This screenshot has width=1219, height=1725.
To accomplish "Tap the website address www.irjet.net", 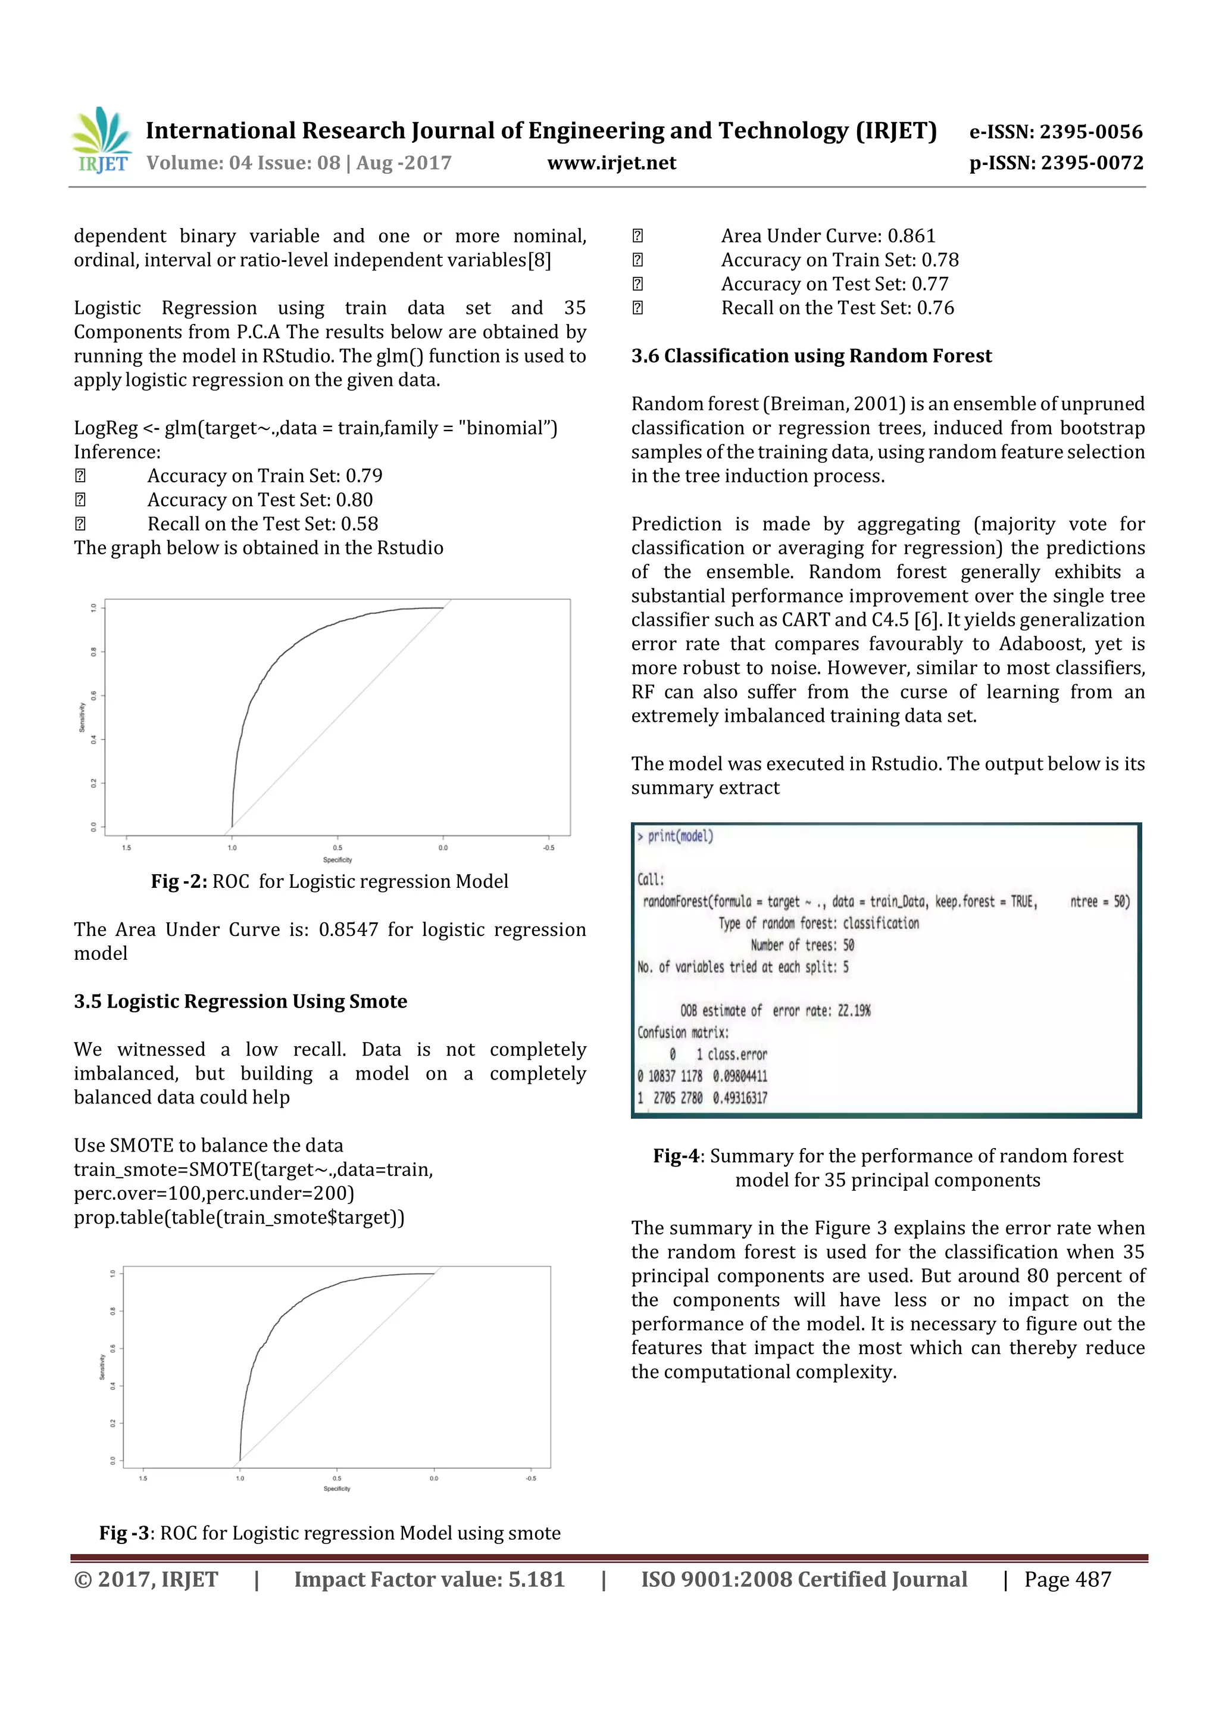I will coord(611,163).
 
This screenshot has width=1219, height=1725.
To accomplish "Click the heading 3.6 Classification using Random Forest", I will coord(811,355).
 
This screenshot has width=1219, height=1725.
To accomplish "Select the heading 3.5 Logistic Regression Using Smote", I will coord(240,1002).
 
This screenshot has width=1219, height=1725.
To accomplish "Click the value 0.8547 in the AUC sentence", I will coord(348,929).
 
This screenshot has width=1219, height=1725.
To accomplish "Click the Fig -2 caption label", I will coord(179,881).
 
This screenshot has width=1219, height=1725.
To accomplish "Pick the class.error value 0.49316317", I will coord(740,1097).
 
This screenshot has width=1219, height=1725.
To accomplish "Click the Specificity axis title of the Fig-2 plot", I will coord(337,859).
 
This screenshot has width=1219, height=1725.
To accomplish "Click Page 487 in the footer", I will coord(1067,1579).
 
